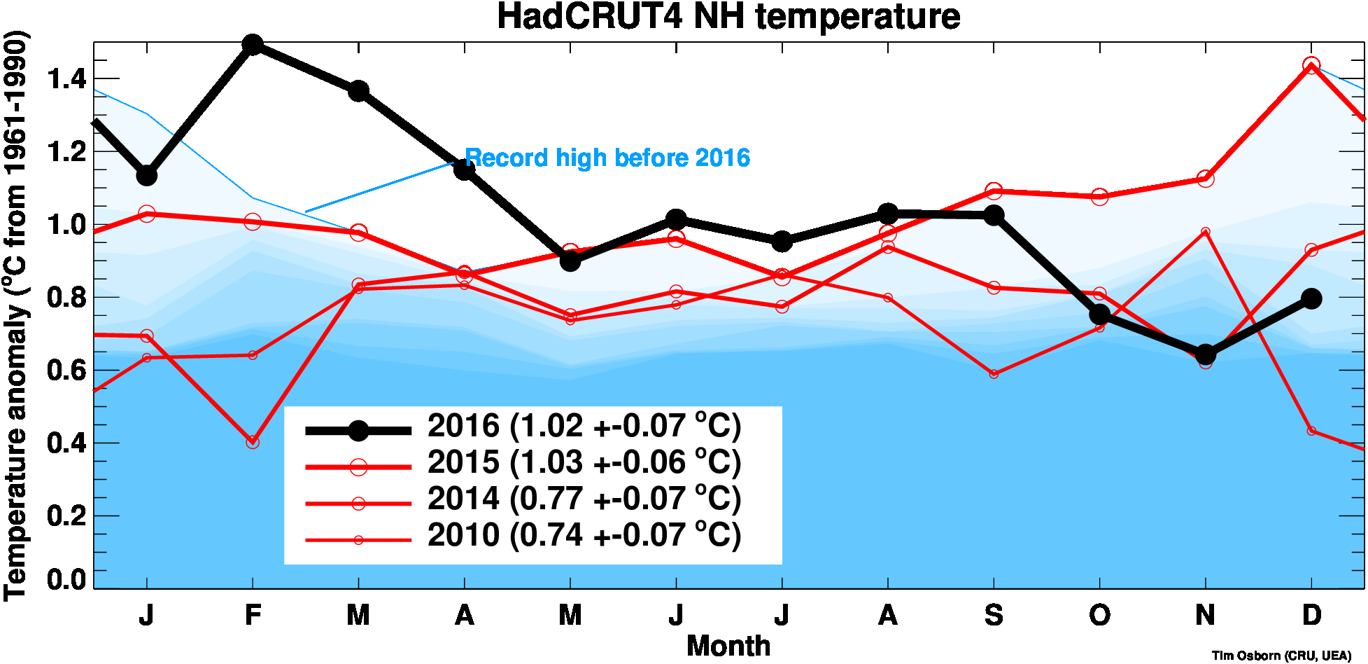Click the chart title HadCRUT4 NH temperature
coord(728,17)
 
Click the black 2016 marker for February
coord(253,45)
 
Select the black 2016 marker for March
coord(358,91)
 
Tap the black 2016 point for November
coord(1205,354)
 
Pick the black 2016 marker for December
coord(1311,298)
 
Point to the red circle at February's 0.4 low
coord(253,442)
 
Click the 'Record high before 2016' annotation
coord(607,158)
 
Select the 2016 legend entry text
coord(584,427)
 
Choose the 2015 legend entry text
coord(584,463)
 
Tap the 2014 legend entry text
coord(584,499)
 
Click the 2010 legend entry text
coord(584,536)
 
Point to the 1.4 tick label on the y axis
coord(66,79)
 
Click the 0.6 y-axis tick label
coord(66,371)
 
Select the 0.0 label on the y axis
coord(66,579)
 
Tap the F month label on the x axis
coord(253,616)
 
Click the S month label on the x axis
coord(994,616)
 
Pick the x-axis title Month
coord(728,646)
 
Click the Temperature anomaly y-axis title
coord(15,315)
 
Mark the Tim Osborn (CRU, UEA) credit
coord(1281,656)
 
